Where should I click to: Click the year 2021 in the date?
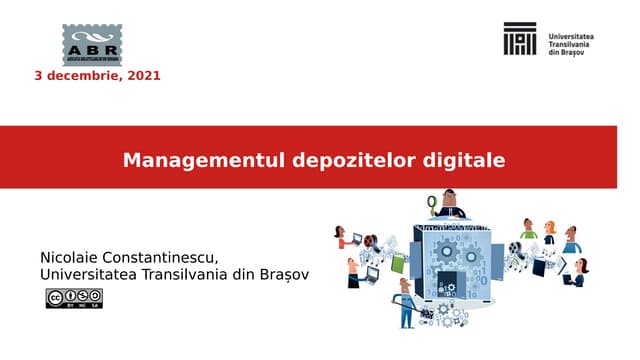(144, 75)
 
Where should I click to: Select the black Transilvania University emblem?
(520, 39)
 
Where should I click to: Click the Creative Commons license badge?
(73, 298)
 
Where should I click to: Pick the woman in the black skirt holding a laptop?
(353, 271)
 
